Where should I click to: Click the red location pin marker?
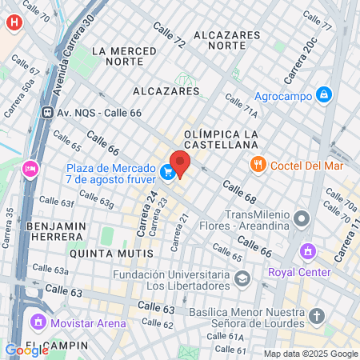179,163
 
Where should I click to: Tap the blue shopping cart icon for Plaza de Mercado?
167,172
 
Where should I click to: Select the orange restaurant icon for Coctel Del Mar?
257,165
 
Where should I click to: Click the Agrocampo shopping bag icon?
323,94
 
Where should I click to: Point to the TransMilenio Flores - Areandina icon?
301,218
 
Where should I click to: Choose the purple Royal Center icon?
306,254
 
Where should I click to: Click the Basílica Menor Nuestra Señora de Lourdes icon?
317,315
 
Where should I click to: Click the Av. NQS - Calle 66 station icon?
48,113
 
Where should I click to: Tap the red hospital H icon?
13,22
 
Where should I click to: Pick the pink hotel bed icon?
30,168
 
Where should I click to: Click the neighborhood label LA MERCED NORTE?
124,56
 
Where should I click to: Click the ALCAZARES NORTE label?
227,40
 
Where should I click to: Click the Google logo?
26,350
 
